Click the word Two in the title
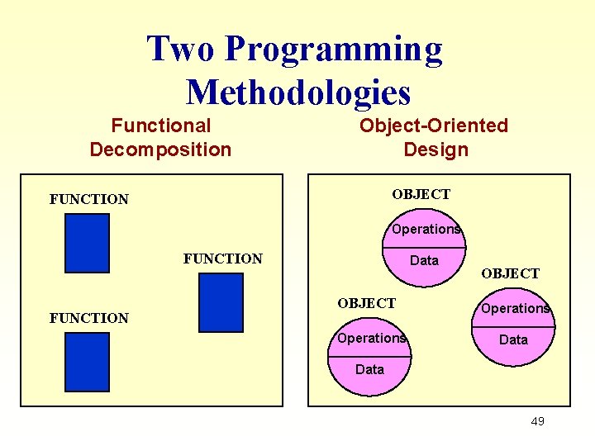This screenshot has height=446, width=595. (181, 50)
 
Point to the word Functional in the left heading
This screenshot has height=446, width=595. (161, 126)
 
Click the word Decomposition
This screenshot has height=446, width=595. (160, 149)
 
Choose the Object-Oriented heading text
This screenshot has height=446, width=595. (433, 126)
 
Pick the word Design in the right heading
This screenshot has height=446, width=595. (436, 149)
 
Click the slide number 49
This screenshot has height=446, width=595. (537, 421)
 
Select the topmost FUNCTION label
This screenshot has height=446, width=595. (89, 199)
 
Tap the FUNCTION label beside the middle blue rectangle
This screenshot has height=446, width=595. (222, 259)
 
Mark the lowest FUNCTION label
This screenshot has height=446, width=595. (89, 318)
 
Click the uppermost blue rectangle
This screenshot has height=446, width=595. (88, 243)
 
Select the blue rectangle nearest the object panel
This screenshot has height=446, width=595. (221, 302)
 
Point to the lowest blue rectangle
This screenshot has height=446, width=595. (88, 361)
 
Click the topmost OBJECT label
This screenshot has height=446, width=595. (421, 194)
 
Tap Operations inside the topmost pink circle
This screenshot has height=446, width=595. (426, 229)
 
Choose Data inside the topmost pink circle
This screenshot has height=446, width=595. (424, 260)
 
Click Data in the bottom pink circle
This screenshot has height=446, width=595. (369, 369)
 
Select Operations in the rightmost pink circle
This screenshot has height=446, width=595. (515, 308)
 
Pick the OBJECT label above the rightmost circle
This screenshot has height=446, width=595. (510, 273)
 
